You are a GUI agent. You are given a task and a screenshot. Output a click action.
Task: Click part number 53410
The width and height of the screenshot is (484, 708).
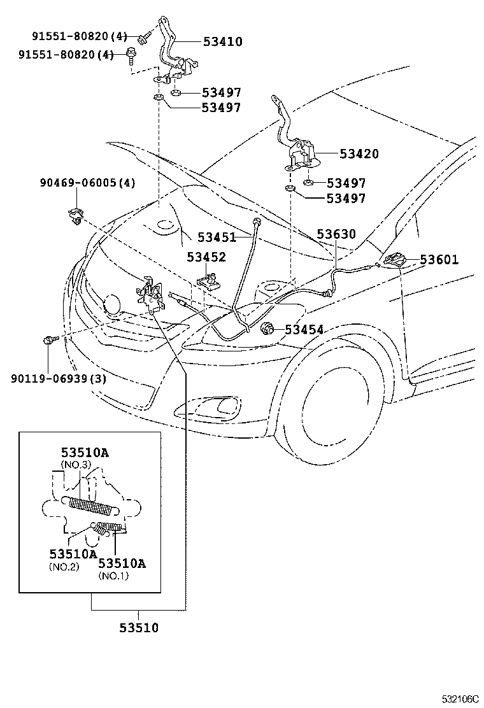point(223,42)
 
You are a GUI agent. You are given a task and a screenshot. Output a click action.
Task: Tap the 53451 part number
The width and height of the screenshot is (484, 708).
point(216,237)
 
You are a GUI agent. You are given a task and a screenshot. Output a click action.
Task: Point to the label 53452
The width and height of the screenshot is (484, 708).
point(206,257)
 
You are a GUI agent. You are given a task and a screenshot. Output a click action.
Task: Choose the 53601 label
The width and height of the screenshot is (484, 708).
point(439,260)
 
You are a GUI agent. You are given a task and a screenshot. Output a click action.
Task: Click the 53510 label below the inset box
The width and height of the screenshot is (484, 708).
point(138,628)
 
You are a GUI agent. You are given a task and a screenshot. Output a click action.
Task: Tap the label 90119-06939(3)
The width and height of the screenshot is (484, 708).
point(58,378)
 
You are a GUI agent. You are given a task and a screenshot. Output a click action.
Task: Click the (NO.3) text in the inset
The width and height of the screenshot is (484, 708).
point(76,465)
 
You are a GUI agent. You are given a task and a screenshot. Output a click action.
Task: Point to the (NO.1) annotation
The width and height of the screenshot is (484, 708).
point(113,576)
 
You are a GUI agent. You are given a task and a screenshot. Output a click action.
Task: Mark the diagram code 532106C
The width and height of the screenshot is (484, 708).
point(460,698)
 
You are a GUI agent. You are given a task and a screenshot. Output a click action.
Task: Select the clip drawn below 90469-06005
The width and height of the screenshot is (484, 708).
point(75,216)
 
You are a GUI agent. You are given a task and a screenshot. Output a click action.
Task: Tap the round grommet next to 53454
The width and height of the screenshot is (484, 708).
point(269,329)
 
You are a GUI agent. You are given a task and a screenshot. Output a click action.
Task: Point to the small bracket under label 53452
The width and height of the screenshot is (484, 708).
point(209,281)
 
